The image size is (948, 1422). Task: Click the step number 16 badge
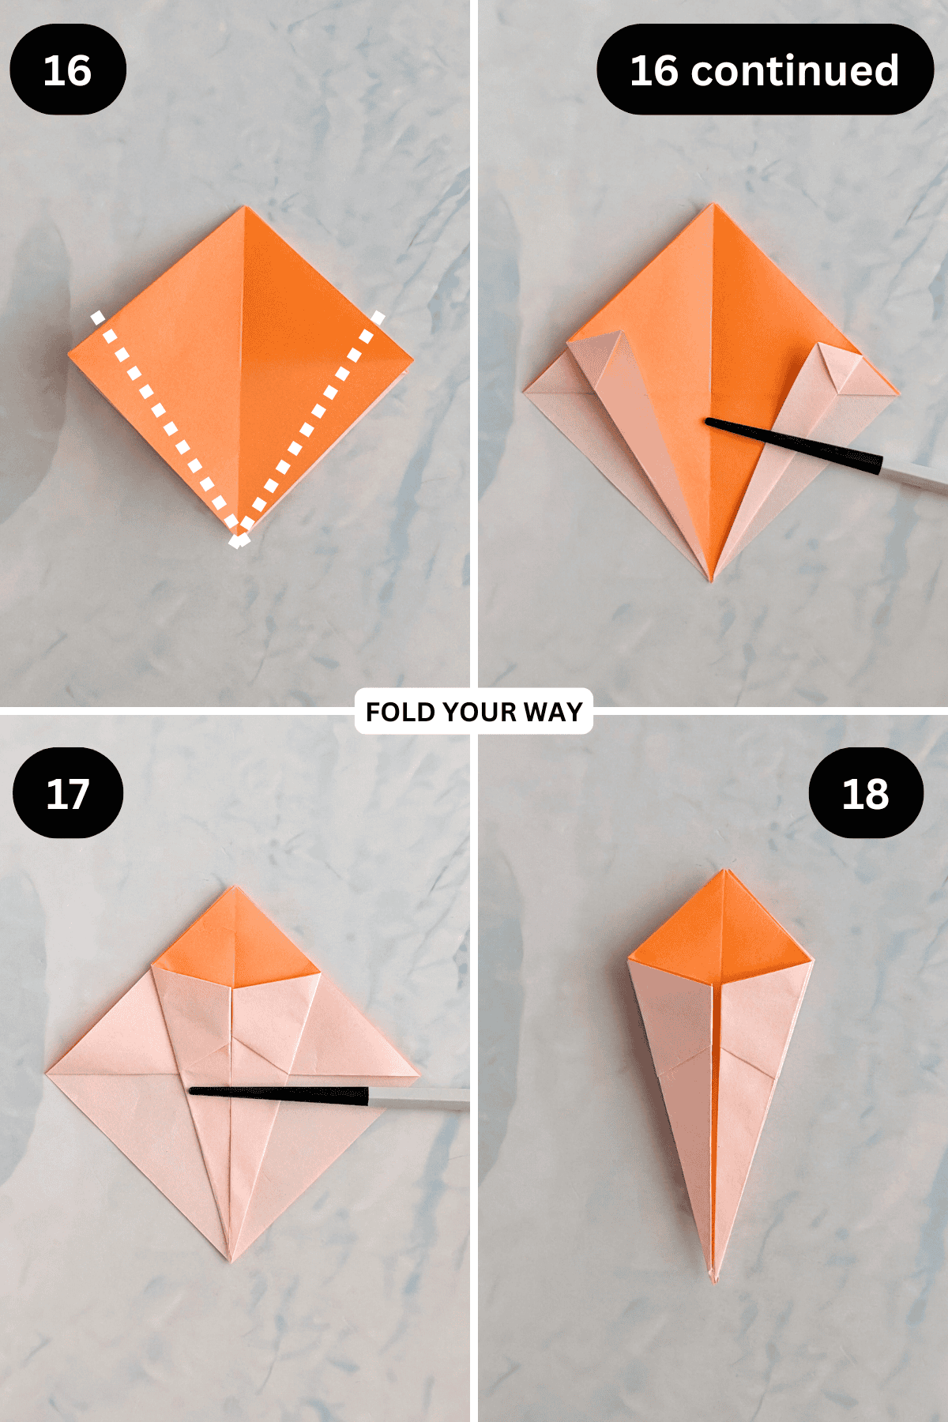[x=67, y=70]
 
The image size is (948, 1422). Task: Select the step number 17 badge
[x=67, y=793]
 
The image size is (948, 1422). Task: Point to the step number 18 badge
[x=865, y=793]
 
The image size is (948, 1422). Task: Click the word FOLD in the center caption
[x=401, y=712]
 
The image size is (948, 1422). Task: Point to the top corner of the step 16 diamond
[x=245, y=209]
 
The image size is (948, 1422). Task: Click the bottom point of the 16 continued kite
[x=710, y=578]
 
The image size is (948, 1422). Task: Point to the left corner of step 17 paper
[x=49, y=1072]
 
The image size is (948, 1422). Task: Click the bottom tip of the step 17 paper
[x=230, y=1258]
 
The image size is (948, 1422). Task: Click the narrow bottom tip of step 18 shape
[x=713, y=1276]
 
